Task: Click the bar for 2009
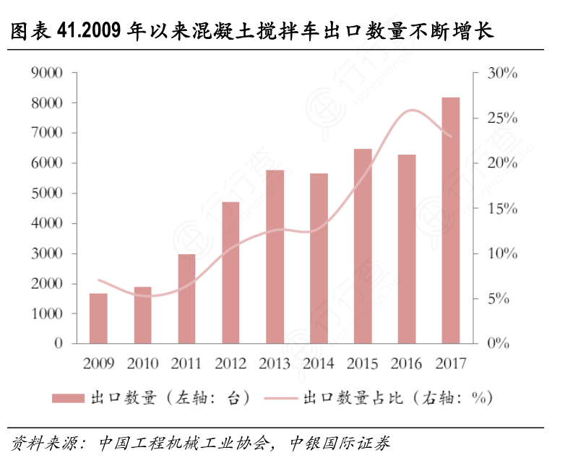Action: click(98, 319)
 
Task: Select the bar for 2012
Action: click(230, 273)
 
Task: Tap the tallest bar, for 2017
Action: click(451, 220)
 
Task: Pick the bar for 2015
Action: click(363, 246)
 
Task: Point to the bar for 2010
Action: click(142, 315)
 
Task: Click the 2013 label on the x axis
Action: click(275, 363)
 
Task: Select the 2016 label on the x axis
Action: click(407, 363)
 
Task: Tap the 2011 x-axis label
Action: click(186, 363)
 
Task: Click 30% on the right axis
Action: click(503, 73)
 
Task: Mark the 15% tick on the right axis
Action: click(503, 209)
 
